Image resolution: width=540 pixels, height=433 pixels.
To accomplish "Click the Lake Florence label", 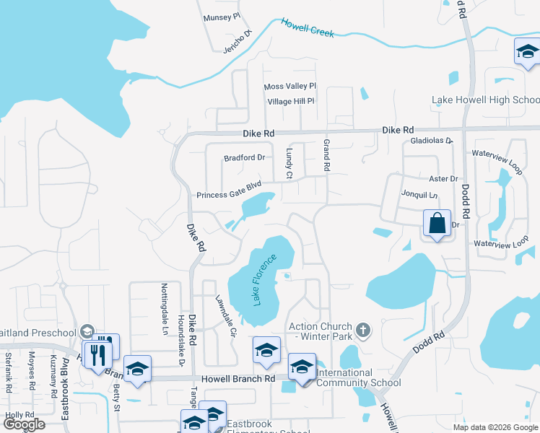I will tap(265, 279).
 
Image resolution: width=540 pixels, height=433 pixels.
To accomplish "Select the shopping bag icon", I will tap(437, 224).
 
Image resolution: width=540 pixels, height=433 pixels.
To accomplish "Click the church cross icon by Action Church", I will tap(363, 331).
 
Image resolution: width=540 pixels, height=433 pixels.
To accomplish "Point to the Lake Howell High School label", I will tap(485, 100).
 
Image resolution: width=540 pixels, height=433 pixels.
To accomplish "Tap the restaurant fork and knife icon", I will tap(98, 354).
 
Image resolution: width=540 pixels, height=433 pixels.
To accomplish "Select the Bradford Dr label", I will tap(245, 157).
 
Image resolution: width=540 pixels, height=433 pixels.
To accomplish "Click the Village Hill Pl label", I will tap(291, 102).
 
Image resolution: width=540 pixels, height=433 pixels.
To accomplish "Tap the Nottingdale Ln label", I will tap(165, 308).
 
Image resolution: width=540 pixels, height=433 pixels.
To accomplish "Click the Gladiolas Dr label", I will tap(430, 141).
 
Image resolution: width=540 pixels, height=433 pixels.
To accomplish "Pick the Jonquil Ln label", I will tap(419, 196).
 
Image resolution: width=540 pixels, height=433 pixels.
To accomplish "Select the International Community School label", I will tap(359, 378).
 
